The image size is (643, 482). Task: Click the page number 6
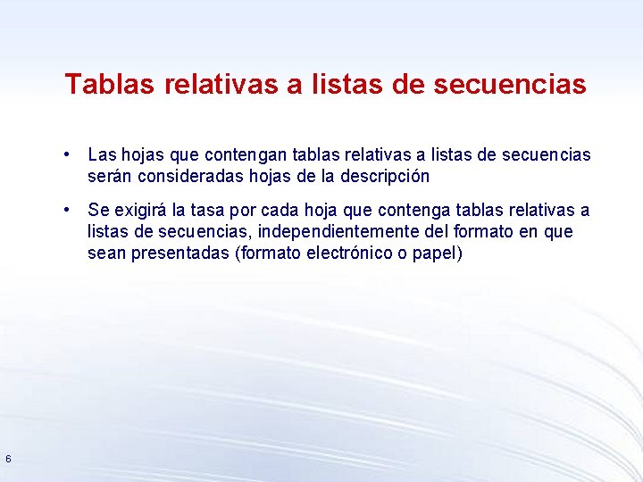click(8, 459)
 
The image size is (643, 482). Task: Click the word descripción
click(382, 176)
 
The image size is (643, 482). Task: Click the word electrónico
click(347, 253)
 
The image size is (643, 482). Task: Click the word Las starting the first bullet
click(102, 155)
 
